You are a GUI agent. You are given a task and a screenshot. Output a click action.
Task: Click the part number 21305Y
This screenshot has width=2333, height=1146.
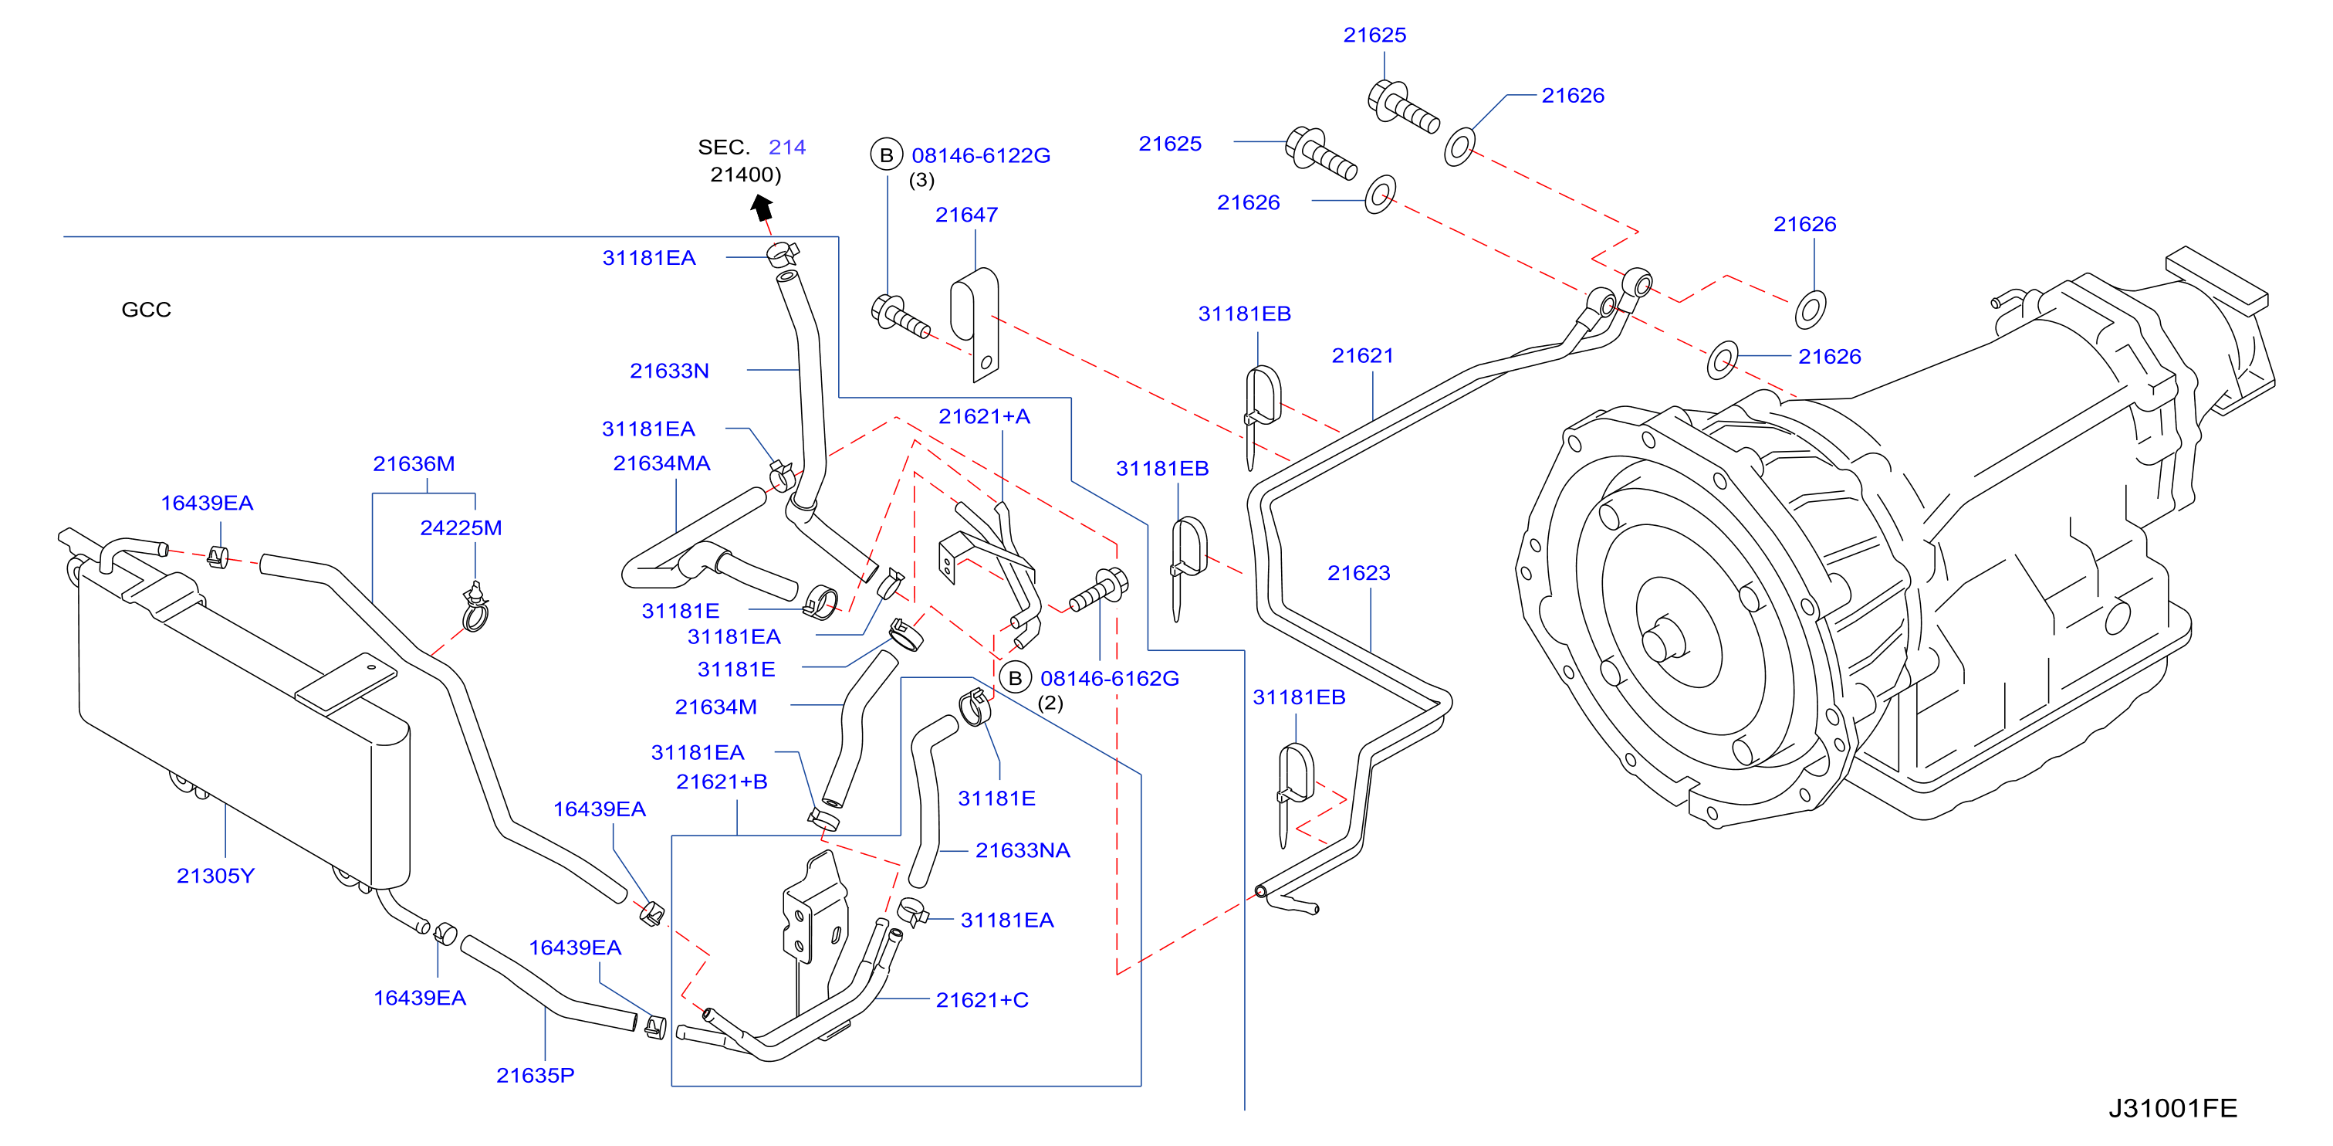point(215,875)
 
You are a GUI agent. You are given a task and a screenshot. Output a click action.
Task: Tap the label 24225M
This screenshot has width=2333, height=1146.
point(461,527)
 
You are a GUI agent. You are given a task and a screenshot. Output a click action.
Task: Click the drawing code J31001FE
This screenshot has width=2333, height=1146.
point(2172,1107)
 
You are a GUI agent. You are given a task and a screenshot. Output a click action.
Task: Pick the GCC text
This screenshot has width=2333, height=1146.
point(146,309)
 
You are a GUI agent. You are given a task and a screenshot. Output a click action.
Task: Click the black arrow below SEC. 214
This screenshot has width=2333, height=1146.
point(762,208)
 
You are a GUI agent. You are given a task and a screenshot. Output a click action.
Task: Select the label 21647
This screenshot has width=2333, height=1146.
point(966,215)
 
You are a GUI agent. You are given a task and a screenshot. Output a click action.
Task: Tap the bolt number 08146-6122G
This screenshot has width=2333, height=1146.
point(981,155)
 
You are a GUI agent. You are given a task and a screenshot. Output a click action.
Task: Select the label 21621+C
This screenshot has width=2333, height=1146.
point(982,999)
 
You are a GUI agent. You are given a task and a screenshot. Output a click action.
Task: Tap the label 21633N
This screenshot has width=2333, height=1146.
point(669,371)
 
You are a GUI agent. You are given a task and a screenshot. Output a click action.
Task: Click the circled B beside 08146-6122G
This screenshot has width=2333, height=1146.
point(887,155)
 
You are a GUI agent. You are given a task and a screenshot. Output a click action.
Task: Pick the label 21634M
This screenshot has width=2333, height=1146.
point(715,707)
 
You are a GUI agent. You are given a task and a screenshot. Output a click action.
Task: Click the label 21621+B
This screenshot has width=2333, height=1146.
point(722,781)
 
